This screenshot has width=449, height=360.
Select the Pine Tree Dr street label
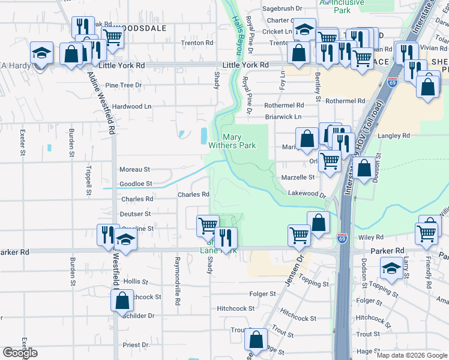123,85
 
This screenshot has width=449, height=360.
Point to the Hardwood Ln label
132,106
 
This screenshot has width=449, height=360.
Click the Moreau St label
134,170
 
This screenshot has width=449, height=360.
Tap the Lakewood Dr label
306,194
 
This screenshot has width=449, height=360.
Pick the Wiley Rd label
371,238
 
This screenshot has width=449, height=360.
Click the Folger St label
264,294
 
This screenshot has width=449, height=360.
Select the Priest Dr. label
136,345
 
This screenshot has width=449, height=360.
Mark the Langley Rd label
394,136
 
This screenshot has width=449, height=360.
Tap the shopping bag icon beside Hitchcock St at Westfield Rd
122,300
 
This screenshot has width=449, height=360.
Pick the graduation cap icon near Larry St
392,268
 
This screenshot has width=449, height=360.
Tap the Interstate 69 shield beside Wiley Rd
342,238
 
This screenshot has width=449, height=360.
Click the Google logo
20,353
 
